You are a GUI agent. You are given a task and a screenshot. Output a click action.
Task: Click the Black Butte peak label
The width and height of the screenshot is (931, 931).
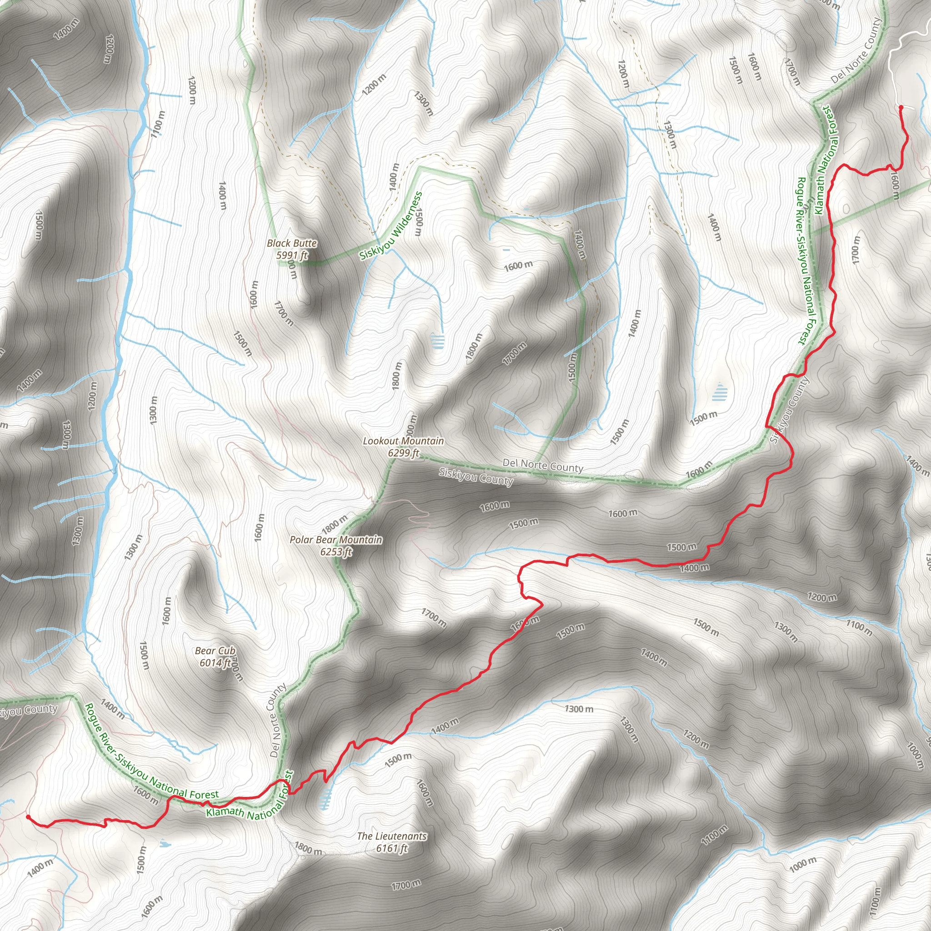pyautogui.click(x=291, y=243)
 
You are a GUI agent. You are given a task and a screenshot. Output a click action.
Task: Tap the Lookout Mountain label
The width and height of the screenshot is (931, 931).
pyautogui.click(x=403, y=441)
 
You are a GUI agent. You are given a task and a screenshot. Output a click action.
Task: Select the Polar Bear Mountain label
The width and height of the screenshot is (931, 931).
pyautogui.click(x=336, y=540)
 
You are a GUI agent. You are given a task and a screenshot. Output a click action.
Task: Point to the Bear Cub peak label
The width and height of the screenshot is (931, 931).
pyautogui.click(x=215, y=651)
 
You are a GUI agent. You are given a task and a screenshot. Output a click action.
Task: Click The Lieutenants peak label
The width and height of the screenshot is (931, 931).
pyautogui.click(x=392, y=836)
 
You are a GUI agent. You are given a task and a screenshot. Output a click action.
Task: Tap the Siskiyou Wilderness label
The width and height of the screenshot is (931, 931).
pyautogui.click(x=391, y=226)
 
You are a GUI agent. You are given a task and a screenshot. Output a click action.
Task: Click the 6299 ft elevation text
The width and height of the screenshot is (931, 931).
pyautogui.click(x=403, y=453)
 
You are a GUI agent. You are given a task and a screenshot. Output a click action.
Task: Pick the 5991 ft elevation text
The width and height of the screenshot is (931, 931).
pyautogui.click(x=291, y=255)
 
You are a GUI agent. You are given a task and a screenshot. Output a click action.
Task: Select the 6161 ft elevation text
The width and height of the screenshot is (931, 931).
pyautogui.click(x=392, y=848)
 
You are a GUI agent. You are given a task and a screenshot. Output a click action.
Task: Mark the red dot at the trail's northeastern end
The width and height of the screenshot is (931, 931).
pyautogui.click(x=901, y=107)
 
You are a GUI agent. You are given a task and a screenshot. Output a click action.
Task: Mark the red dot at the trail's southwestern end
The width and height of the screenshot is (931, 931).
pyautogui.click(x=27, y=817)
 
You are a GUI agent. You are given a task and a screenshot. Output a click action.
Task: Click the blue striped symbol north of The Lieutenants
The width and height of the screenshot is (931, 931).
pyautogui.click(x=326, y=801)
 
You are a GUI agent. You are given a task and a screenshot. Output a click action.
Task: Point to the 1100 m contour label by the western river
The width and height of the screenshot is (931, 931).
pyautogui.click(x=158, y=124)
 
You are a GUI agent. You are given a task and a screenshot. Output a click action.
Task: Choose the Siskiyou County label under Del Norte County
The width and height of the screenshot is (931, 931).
pyautogui.click(x=476, y=476)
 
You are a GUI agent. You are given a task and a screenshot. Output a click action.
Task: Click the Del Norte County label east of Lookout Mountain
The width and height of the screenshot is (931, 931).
pyautogui.click(x=543, y=465)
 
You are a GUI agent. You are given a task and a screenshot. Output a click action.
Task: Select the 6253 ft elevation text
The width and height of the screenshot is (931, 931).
pyautogui.click(x=336, y=552)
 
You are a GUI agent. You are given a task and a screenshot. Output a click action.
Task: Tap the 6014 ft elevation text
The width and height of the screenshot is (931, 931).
pyautogui.click(x=215, y=663)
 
